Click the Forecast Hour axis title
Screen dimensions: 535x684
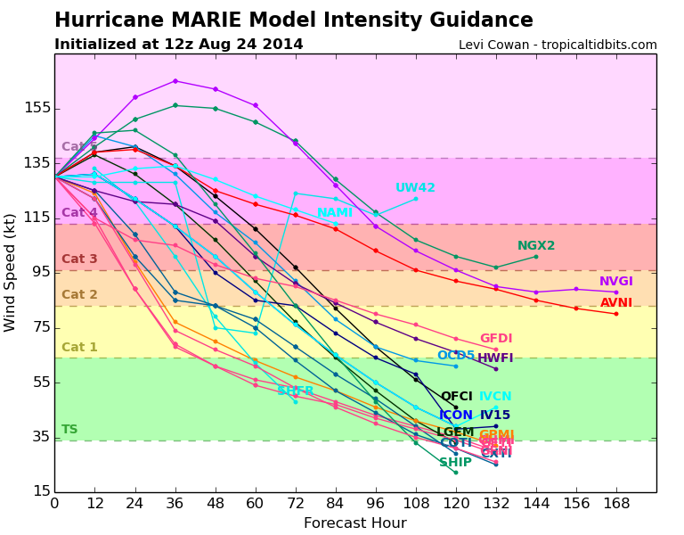pos(354,523)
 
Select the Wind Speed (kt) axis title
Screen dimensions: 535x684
pos(11,272)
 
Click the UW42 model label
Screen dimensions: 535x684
pos(415,188)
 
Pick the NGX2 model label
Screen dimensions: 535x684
pos(536,246)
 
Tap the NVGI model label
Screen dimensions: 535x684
pos(615,282)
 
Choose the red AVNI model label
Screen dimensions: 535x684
pos(616,303)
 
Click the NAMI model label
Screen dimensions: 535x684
pos(335,213)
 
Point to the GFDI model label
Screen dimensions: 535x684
pos(496,339)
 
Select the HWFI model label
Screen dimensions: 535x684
pos(495,358)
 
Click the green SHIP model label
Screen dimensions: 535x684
pos(455,463)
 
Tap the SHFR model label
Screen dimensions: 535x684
pos(296,391)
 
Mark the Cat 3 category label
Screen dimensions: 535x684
pos(79,259)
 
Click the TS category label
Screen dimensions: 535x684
pos(69,430)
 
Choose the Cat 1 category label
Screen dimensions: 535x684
pos(79,348)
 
